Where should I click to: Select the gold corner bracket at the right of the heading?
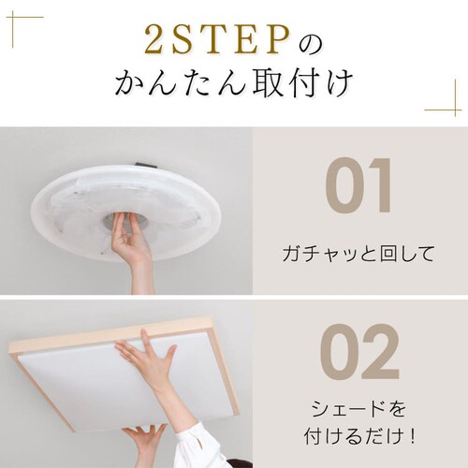click(x=446, y=99)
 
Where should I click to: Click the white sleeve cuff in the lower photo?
click(x=201, y=445)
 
